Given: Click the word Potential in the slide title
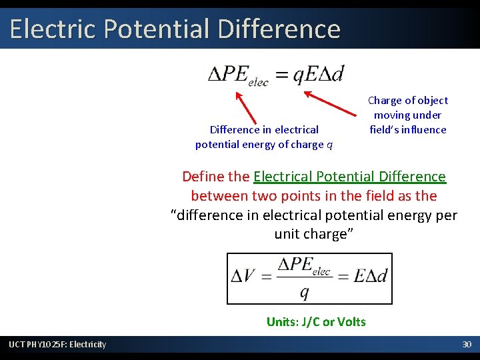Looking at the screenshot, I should (140, 29).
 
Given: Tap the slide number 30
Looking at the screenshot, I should (467, 344).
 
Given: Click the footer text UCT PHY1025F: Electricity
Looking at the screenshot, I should (57, 344).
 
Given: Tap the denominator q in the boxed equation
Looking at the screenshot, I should (304, 292).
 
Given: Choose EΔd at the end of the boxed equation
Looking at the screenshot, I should (370, 276).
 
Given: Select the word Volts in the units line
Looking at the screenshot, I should (351, 322).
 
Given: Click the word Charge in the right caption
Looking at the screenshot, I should (385, 101).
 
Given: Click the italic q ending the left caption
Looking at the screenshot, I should (330, 145).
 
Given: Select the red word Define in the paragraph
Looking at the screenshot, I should (203, 177).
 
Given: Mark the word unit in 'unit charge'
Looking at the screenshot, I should (288, 235).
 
